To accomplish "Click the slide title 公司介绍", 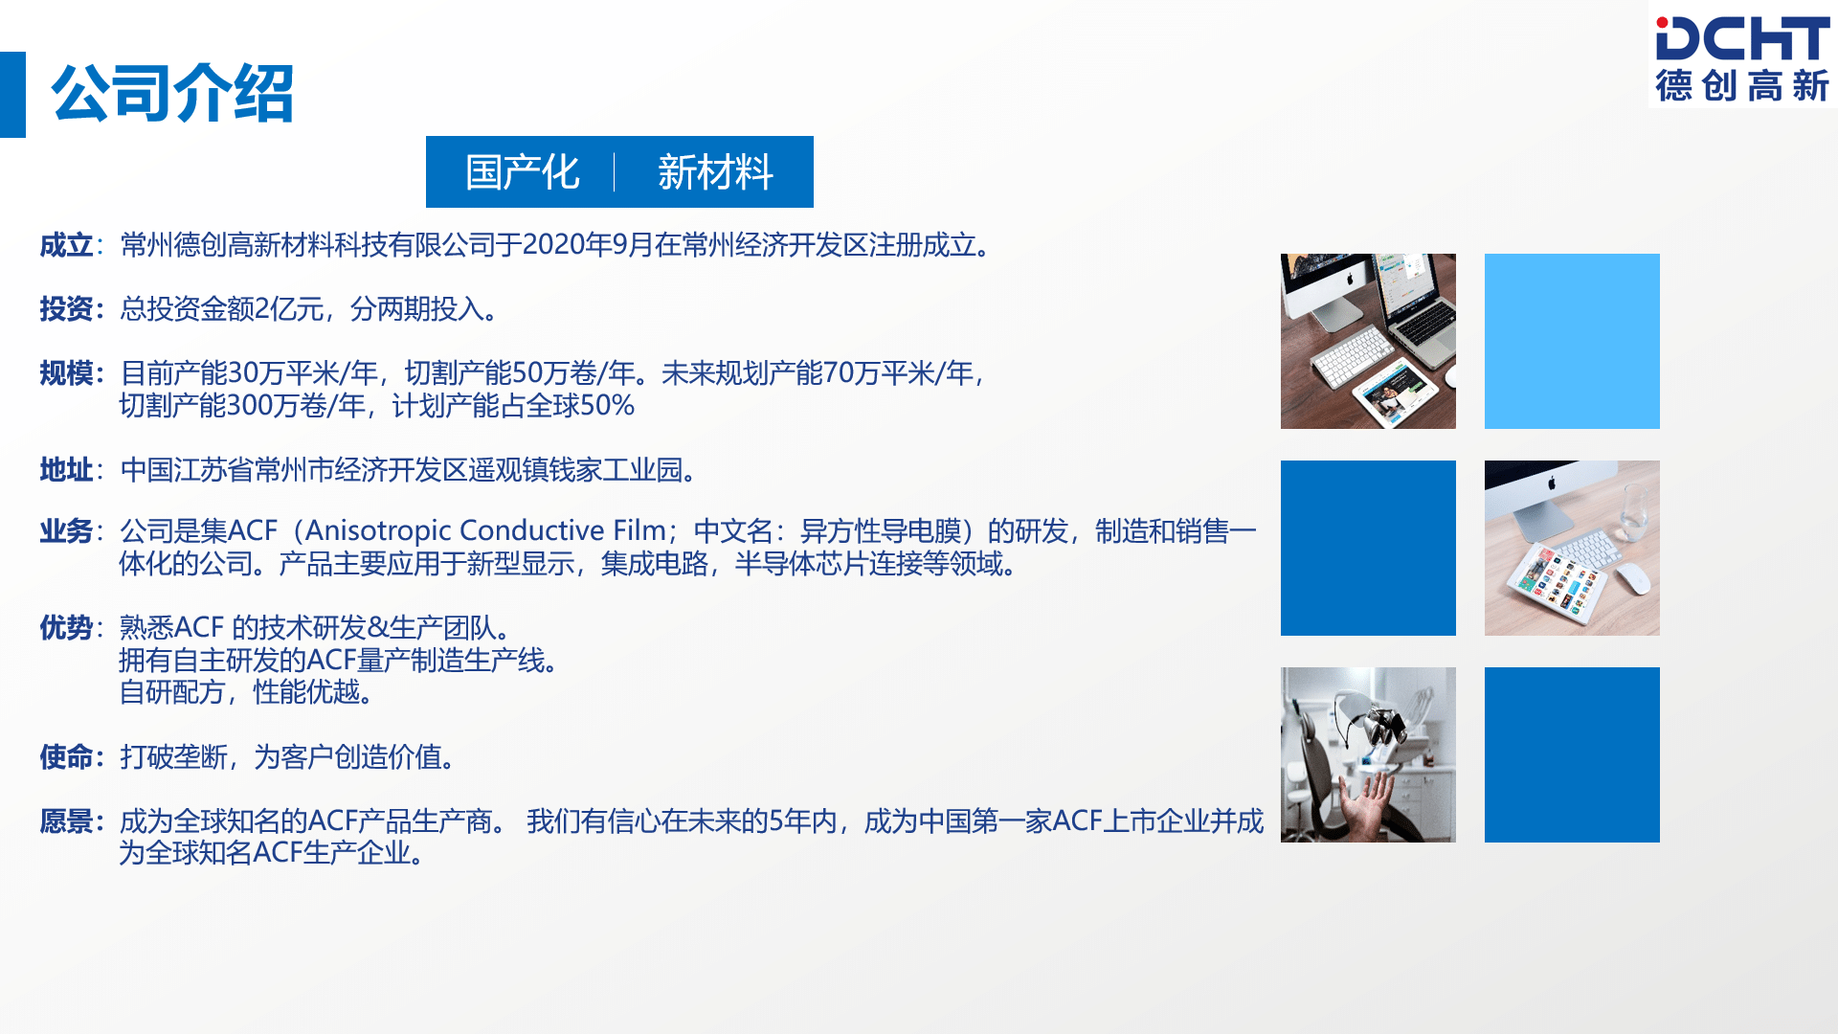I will pyautogui.click(x=172, y=94).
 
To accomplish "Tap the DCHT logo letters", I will pyautogui.click(x=1742, y=40).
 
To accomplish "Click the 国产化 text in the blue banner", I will pyautogui.click(x=523, y=172).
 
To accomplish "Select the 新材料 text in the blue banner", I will pyautogui.click(x=715, y=172).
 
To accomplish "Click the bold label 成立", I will pyautogui.click(x=65, y=246).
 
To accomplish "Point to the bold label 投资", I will pyautogui.click(x=65, y=309).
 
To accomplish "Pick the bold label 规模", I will pyautogui.click(x=65, y=373).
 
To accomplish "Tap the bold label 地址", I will pyautogui.click(x=65, y=470).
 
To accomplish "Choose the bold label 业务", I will pyautogui.click(x=65, y=531).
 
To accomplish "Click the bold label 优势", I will pyautogui.click(x=65, y=628).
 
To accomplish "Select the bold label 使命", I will pyautogui.click(x=65, y=757).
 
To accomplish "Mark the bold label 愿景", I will pyautogui.click(x=65, y=821).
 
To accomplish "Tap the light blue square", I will pyautogui.click(x=1572, y=341).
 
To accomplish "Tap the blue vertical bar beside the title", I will pyautogui.click(x=12, y=94).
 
